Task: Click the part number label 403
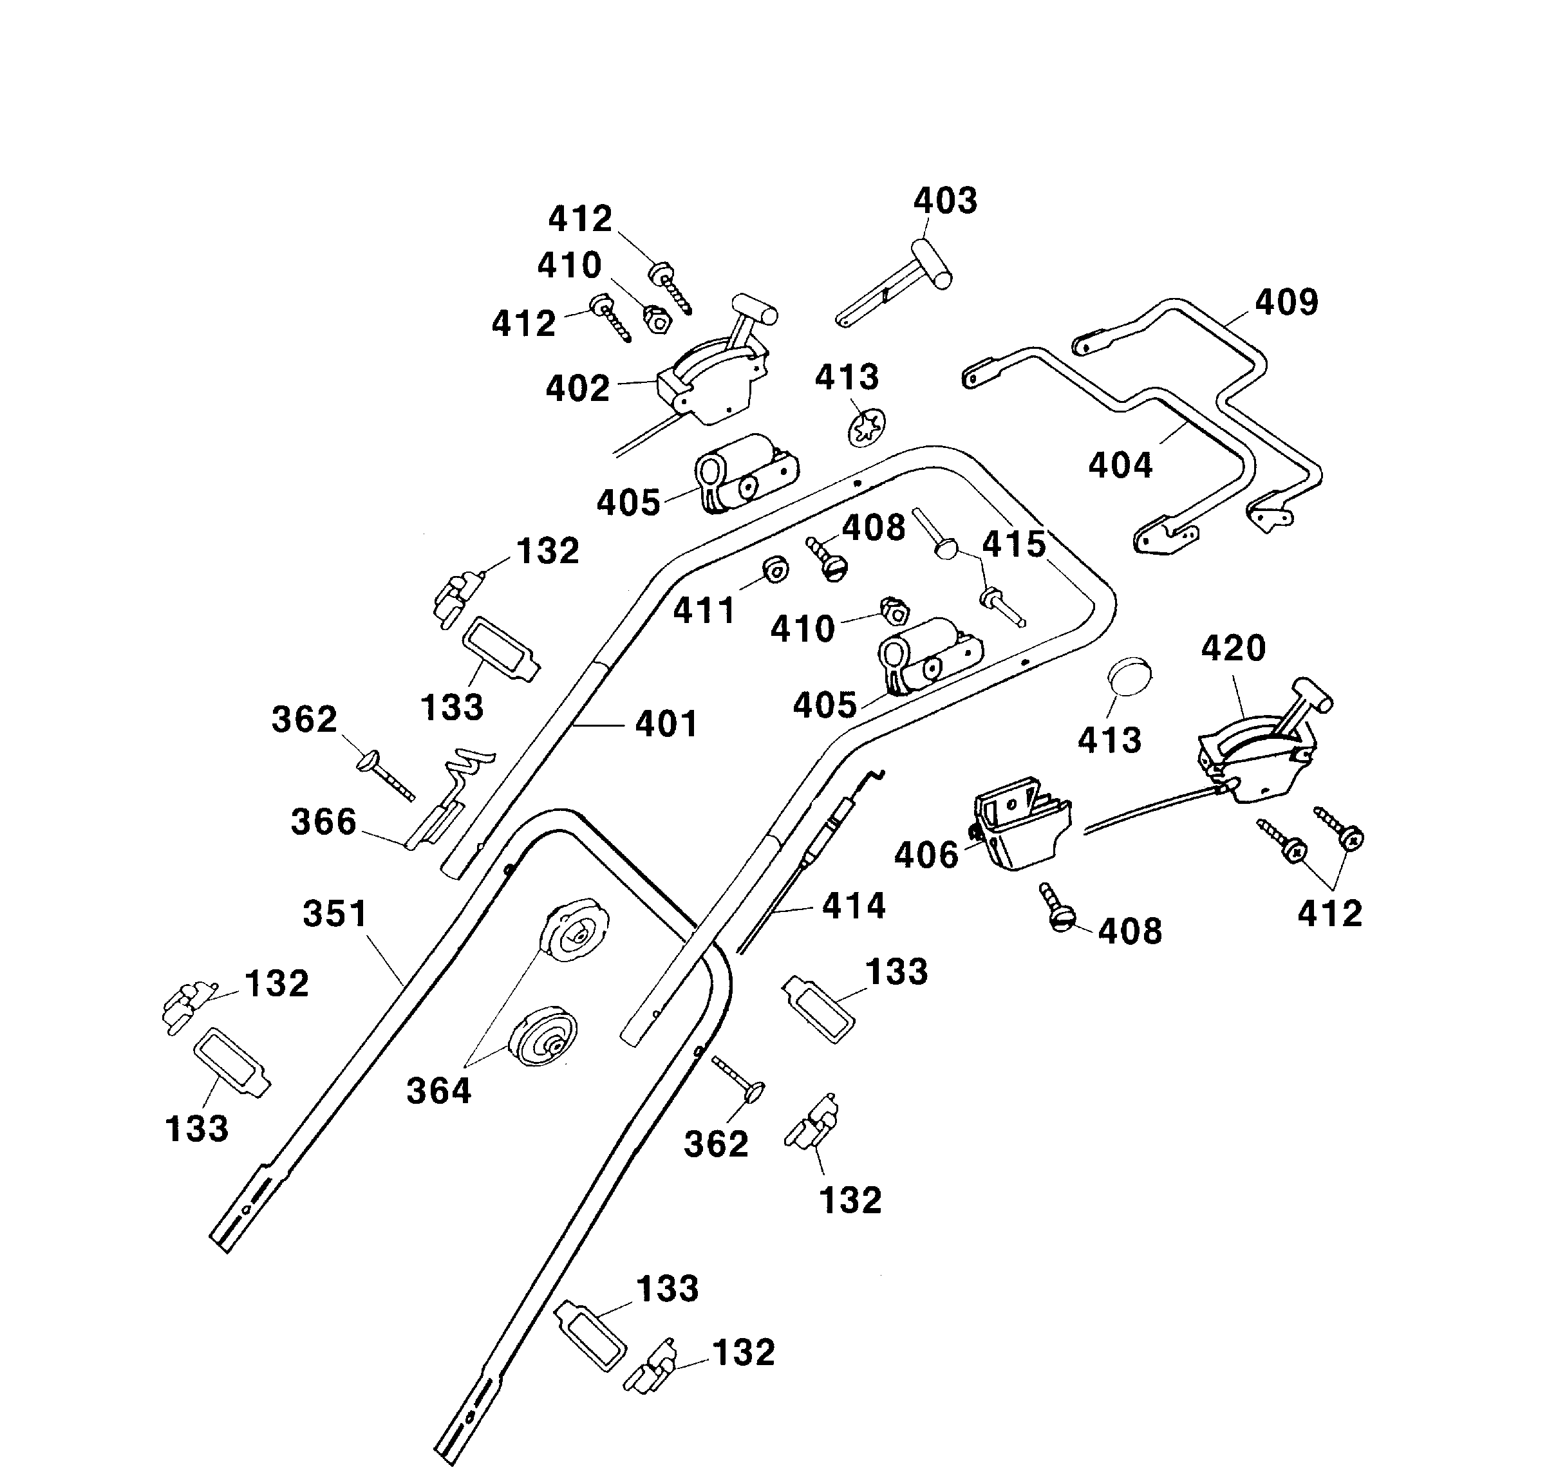[944, 201]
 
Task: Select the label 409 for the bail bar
[1286, 302]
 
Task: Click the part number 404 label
[1120, 466]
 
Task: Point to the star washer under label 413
[867, 428]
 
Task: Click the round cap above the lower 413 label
[1129, 676]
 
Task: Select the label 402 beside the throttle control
[577, 389]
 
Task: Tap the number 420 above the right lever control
[1233, 649]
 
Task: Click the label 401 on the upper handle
[666, 724]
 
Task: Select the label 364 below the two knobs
[438, 1092]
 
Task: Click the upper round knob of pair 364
[575, 930]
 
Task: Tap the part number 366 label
[323, 822]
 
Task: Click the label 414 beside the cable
[853, 906]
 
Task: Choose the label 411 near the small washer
[703, 611]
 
